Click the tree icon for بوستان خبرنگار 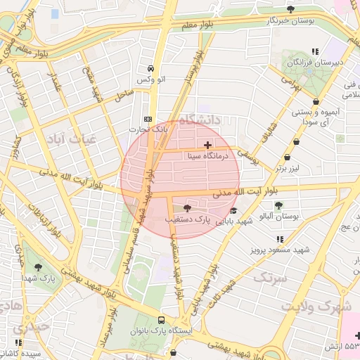point(290,9)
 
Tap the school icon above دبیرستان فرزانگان point(316,51)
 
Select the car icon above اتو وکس point(150,69)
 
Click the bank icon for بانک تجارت point(147,119)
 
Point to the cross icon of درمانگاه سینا point(206,144)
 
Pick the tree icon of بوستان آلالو point(279,205)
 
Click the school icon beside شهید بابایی point(233,210)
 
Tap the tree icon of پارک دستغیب point(187,208)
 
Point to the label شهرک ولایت point(316,307)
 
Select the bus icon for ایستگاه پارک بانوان point(163,319)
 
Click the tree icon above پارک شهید point(37,267)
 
